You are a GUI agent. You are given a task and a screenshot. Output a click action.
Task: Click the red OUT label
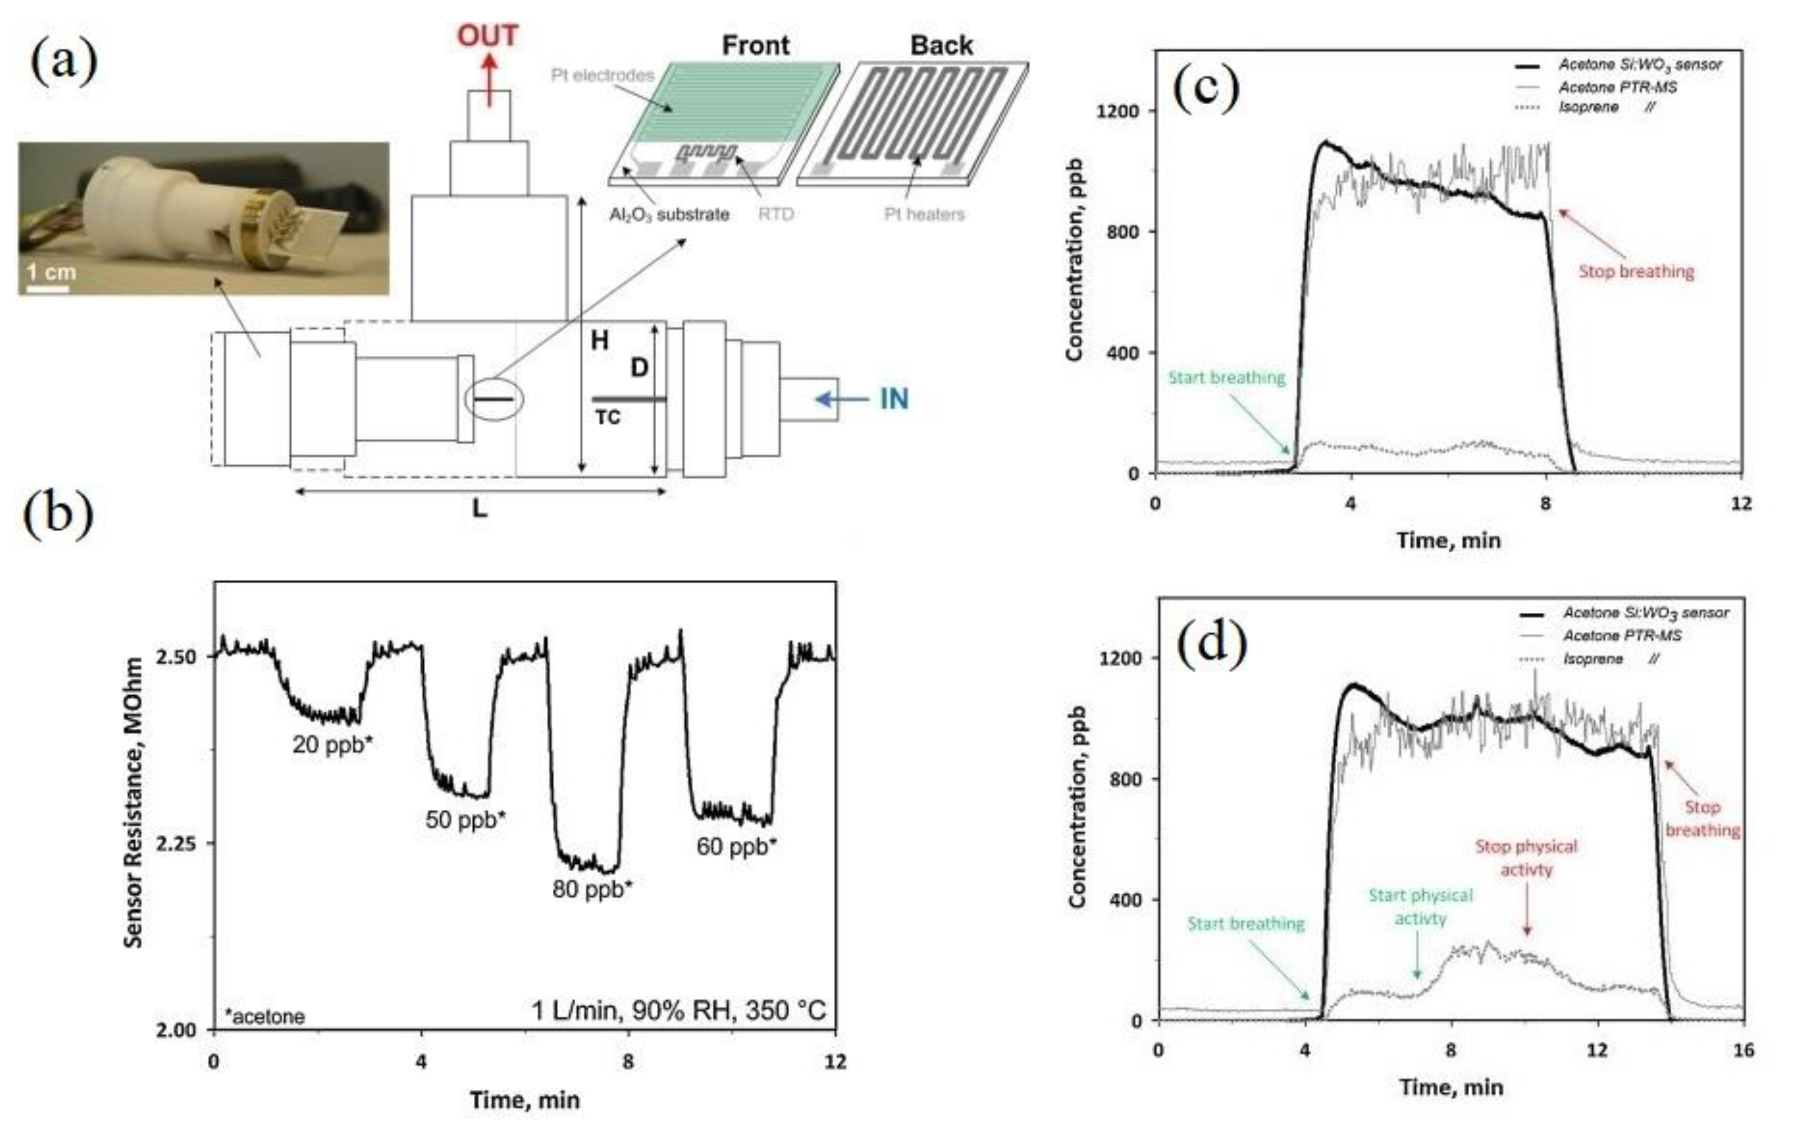point(487,36)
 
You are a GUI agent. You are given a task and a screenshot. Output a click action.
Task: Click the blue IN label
point(893,399)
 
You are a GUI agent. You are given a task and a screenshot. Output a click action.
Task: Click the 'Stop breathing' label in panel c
point(1636,271)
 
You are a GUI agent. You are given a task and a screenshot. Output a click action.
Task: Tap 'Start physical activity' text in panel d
point(1420,907)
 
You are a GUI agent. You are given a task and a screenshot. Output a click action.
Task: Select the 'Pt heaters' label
point(924,215)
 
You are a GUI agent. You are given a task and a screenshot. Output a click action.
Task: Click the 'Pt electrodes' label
point(602,75)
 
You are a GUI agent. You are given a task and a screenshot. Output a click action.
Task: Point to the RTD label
point(776,215)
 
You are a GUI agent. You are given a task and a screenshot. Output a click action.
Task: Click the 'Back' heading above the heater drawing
point(941,45)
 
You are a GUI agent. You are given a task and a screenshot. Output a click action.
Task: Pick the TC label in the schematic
point(608,418)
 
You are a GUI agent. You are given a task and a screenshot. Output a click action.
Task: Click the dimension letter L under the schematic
point(480,509)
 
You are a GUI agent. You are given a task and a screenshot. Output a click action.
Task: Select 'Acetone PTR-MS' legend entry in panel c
point(1617,87)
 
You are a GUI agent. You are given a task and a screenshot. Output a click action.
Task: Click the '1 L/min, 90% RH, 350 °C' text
point(677,1011)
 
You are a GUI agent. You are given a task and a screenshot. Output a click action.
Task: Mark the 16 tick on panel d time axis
point(1743,1050)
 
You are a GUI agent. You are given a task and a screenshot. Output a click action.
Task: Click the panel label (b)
point(59,514)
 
